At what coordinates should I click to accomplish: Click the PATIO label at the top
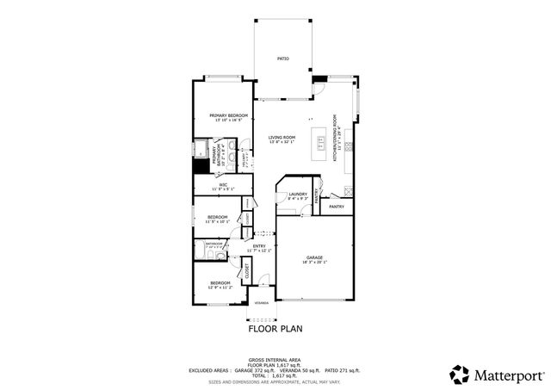pyautogui.click(x=282, y=59)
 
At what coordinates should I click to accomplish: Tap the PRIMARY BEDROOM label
pyautogui.click(x=228, y=115)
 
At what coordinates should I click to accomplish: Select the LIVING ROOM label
pyautogui.click(x=282, y=138)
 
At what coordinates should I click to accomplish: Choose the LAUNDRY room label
pyautogui.click(x=298, y=195)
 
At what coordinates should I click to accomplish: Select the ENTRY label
pyautogui.click(x=259, y=246)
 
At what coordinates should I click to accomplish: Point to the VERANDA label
pyautogui.click(x=260, y=302)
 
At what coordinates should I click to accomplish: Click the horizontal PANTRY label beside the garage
pyautogui.click(x=337, y=206)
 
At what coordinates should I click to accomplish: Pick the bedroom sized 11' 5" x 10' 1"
pyautogui.click(x=217, y=217)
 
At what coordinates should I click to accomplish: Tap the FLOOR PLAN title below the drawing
pyautogui.click(x=275, y=328)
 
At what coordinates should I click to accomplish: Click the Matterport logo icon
pyautogui.click(x=459, y=374)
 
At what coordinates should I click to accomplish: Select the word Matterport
pyautogui.click(x=509, y=375)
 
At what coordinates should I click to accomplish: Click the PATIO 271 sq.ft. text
pyautogui.click(x=344, y=370)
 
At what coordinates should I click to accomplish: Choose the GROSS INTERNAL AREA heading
pyautogui.click(x=275, y=360)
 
